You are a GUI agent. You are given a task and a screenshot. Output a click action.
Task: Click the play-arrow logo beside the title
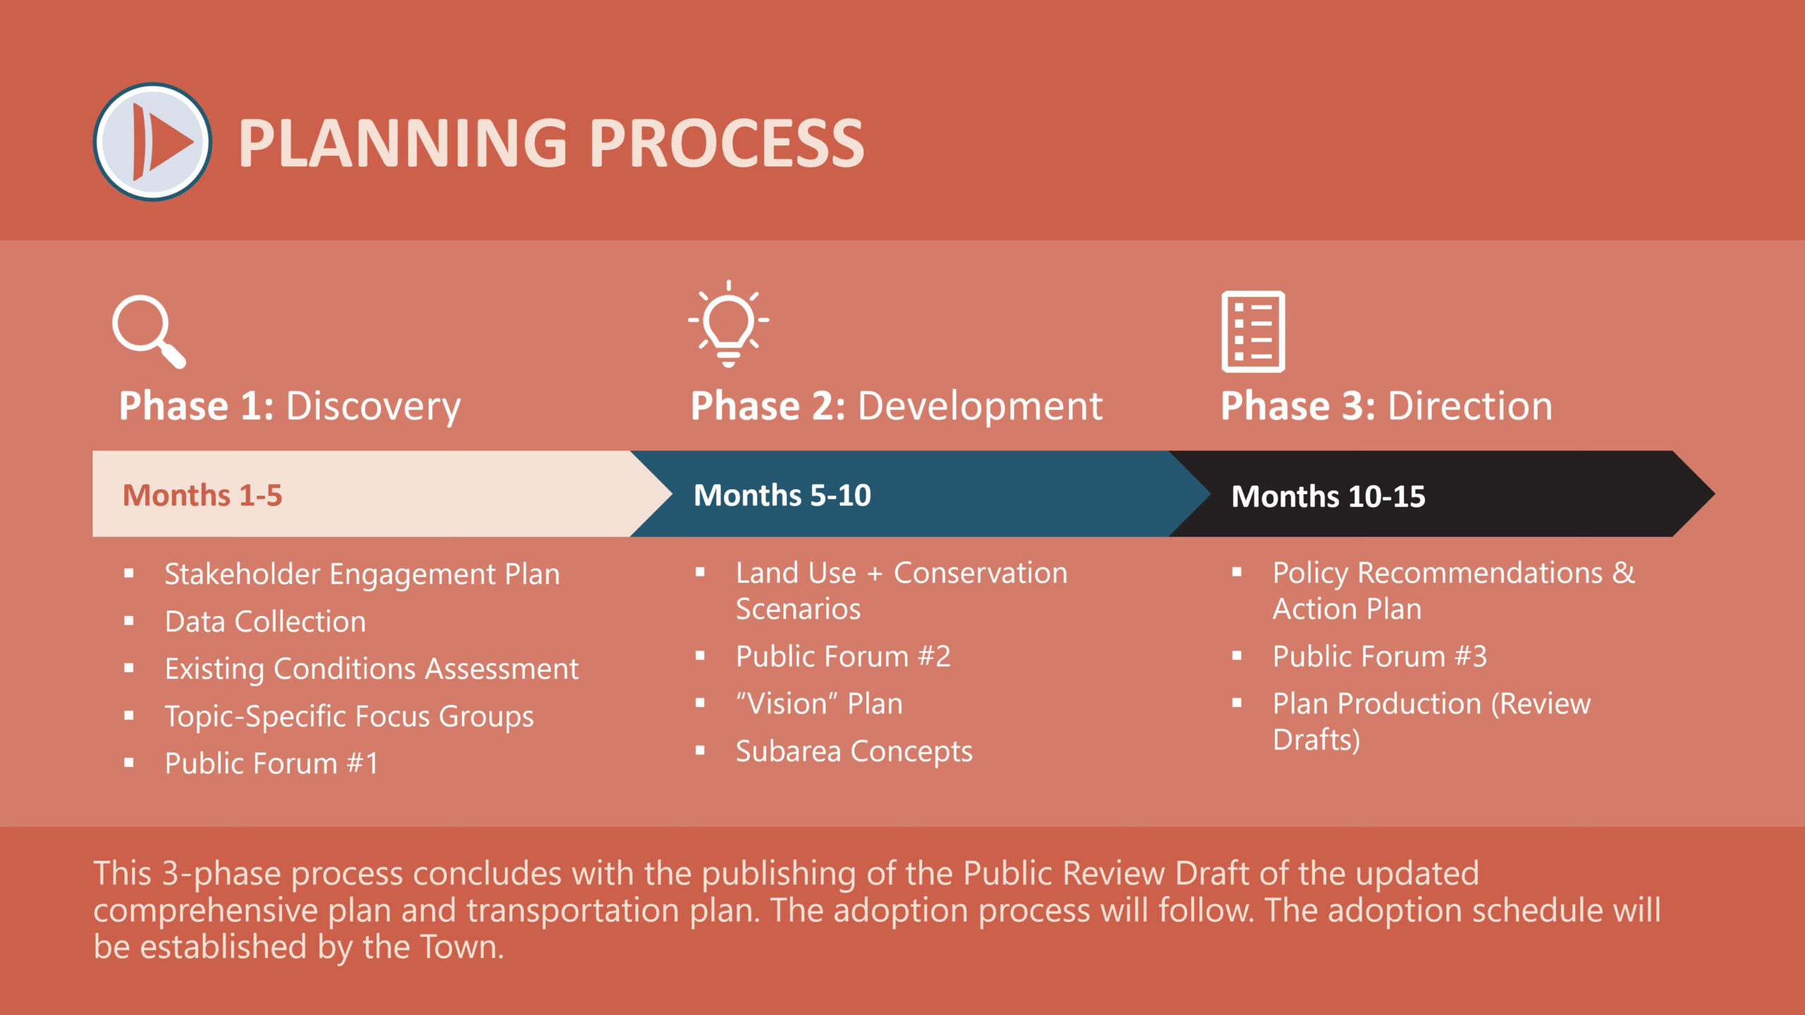152,142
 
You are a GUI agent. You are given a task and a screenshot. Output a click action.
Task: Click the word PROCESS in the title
726,144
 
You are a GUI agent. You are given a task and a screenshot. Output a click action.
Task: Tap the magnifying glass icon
149,331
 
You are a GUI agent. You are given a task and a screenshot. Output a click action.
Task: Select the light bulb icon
728,324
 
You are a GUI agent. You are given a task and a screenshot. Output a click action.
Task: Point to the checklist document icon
1253,331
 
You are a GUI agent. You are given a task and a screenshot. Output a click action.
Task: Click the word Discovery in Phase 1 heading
373,407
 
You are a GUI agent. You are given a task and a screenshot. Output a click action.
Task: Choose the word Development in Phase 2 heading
980,407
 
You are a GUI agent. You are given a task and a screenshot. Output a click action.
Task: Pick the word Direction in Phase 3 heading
1470,406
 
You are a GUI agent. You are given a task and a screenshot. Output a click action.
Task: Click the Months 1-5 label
202,496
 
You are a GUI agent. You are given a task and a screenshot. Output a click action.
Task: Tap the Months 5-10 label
783,496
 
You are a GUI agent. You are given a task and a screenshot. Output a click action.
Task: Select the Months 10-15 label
1328,497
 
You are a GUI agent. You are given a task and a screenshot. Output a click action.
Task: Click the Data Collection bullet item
265,622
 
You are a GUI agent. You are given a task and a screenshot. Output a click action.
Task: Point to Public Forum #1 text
271,763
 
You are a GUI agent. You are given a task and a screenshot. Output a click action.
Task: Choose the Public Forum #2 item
843,656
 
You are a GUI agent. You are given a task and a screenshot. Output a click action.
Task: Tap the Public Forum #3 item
1380,656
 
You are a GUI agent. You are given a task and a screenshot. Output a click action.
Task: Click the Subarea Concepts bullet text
855,752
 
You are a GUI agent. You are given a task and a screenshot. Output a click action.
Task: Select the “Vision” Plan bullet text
819,703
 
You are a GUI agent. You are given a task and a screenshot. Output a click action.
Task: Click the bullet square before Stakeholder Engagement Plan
129,574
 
